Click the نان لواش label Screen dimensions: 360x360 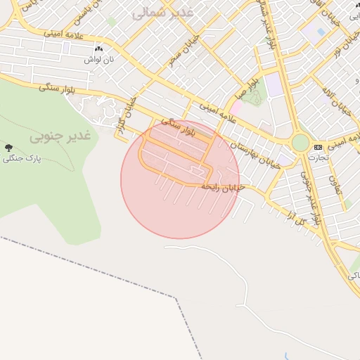click(x=98, y=60)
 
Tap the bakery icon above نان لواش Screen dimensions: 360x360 click(x=98, y=49)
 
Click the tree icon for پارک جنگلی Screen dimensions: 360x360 click(x=8, y=148)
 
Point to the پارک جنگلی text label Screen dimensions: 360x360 click(x=22, y=159)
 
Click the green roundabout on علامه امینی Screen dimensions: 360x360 click(x=300, y=143)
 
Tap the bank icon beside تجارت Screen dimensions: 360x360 click(x=319, y=147)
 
